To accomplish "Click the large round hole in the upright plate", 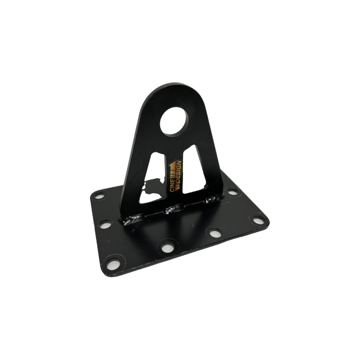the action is tap(174, 121).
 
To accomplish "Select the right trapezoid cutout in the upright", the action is tap(194, 169).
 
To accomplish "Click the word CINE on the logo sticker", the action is tap(172, 184).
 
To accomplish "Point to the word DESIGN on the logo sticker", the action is tap(179, 173).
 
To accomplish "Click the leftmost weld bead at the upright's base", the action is tap(133, 218).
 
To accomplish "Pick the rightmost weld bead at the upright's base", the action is tap(213, 199).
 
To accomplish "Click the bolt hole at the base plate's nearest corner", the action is tap(113, 264).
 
